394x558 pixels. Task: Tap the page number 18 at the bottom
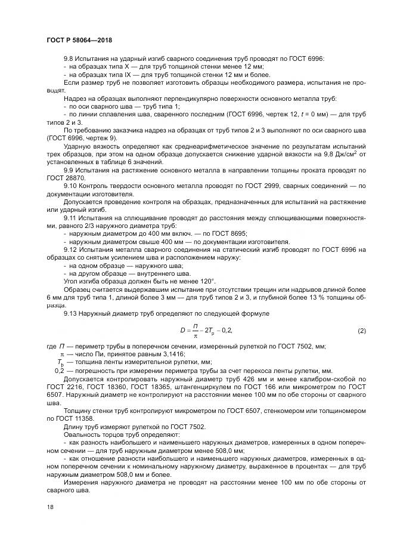pyautogui.click(x=49, y=506)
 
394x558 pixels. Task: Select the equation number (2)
pyautogui.click(x=361, y=330)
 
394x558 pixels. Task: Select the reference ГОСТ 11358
pyautogui.click(x=66, y=418)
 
